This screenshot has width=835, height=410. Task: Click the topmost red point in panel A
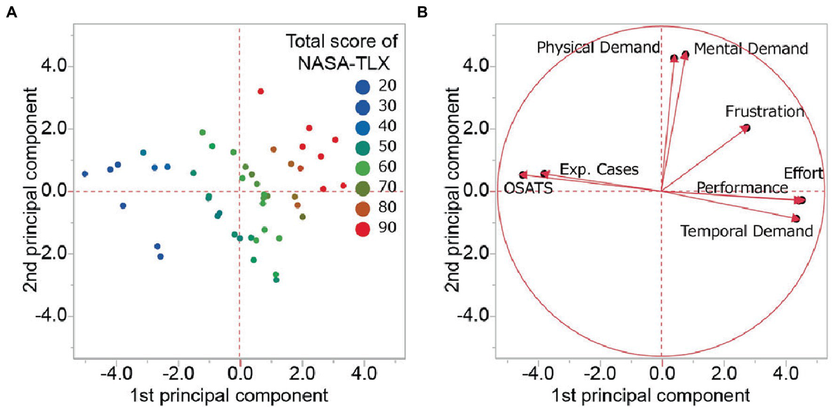coord(261,91)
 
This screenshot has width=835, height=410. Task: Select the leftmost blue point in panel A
coord(85,174)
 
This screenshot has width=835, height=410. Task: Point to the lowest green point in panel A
coord(276,280)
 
